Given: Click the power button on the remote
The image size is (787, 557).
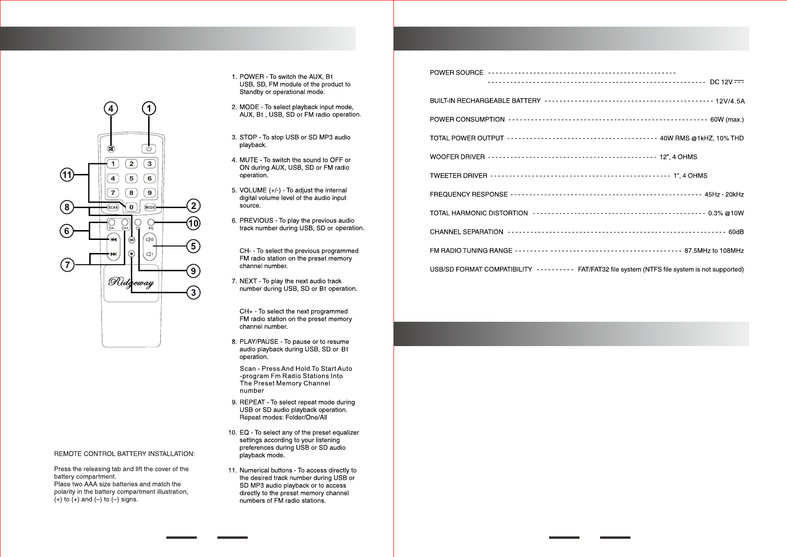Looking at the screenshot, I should click(149, 149).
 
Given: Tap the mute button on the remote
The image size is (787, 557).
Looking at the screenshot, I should click(111, 149).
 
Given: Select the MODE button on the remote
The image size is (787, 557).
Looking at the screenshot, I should click(150, 207).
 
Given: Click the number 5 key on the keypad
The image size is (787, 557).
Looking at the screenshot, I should click(131, 178).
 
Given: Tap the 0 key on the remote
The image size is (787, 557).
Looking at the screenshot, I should click(131, 207).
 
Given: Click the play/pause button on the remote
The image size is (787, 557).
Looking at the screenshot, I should click(132, 240).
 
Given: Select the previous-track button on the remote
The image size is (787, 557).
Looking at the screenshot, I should click(114, 239).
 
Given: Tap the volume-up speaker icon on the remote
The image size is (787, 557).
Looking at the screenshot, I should click(150, 239).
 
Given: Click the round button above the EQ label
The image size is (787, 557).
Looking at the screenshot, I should click(151, 222).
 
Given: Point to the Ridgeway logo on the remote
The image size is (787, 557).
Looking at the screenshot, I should click(131, 282).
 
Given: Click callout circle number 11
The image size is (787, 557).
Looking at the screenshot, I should click(67, 175).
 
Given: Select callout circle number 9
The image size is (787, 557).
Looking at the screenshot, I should click(193, 271).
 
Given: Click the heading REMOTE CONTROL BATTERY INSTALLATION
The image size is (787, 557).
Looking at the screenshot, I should click(124, 454).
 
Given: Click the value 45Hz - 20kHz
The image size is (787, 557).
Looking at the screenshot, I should click(724, 195).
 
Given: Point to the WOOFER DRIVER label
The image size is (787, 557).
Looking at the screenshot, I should click(457, 157).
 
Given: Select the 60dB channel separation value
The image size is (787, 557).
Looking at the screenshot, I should click(736, 232).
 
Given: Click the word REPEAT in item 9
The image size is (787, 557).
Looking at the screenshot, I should click(252, 402).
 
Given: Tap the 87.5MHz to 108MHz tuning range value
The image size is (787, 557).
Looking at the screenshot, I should click(714, 251).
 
